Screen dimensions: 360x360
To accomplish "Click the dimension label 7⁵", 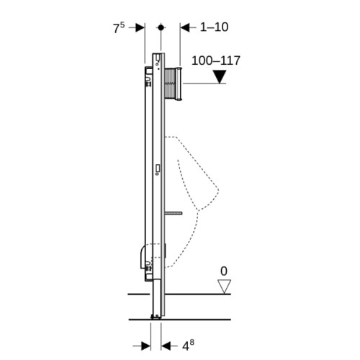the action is click(x=119, y=28).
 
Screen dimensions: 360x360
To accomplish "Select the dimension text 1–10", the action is click(x=214, y=27).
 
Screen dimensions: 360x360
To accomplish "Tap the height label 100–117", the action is click(x=216, y=60).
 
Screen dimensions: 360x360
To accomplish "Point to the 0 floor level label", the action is click(x=224, y=271).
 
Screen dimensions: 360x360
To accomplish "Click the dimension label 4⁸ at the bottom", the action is click(x=188, y=345).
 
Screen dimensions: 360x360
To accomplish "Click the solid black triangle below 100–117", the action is click(x=220, y=76).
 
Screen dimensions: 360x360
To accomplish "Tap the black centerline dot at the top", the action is click(x=161, y=27).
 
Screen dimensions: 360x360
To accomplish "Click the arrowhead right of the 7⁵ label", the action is click(x=140, y=27).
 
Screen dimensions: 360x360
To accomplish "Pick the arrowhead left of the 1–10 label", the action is click(x=185, y=27).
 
